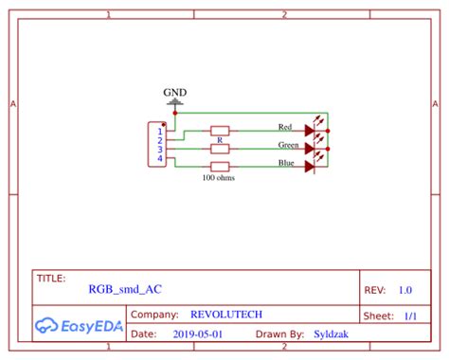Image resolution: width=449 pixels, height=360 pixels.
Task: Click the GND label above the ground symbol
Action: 175,93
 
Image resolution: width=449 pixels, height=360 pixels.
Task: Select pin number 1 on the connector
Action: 160,131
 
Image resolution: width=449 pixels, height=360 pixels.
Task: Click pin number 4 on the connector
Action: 160,158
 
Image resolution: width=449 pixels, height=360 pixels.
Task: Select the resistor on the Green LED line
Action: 220,149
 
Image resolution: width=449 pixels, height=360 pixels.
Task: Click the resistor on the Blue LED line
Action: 220,167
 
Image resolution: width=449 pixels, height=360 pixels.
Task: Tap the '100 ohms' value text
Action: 219,177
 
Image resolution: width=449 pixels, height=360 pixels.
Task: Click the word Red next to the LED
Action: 285,126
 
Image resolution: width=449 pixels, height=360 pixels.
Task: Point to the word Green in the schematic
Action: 289,145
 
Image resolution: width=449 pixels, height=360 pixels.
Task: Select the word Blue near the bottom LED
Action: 285,163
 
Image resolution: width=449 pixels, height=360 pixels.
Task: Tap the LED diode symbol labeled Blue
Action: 309,167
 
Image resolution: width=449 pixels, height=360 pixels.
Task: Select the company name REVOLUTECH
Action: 226,315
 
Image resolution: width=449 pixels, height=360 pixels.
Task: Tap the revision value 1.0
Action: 405,290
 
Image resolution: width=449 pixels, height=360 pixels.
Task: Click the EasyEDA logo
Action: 80,326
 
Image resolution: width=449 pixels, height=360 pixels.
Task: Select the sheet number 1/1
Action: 410,315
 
